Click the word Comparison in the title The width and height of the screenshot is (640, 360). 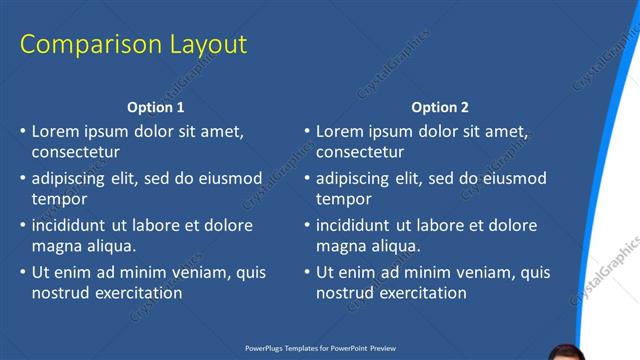(x=82, y=45)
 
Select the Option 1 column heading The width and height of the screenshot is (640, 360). (x=156, y=107)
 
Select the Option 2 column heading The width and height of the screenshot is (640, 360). (x=440, y=107)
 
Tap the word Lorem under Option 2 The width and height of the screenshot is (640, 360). (x=339, y=131)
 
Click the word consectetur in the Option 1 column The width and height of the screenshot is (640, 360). (x=75, y=153)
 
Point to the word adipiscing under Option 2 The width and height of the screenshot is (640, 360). (x=358, y=179)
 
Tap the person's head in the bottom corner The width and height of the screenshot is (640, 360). (x=568, y=352)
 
